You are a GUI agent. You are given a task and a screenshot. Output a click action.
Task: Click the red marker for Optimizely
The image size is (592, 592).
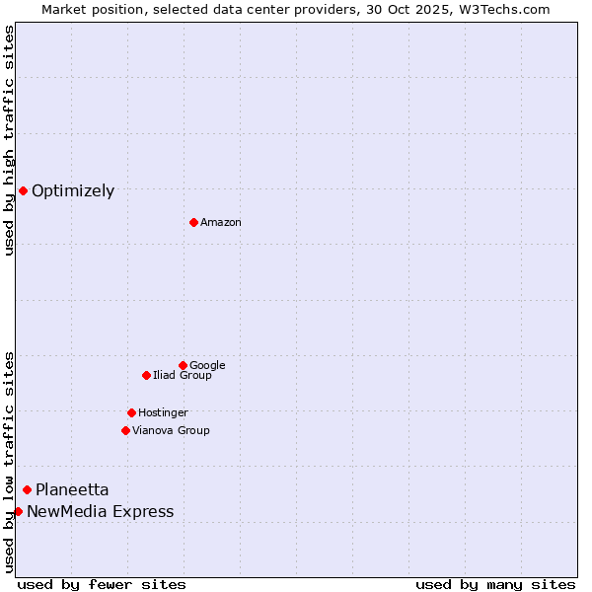[23, 190]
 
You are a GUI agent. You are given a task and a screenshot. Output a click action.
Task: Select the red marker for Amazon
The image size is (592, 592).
[193, 222]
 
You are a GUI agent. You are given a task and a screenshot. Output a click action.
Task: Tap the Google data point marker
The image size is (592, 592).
[183, 365]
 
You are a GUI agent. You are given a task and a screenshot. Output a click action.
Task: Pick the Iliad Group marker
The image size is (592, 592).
[146, 375]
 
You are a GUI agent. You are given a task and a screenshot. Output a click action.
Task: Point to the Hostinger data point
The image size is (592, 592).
[131, 412]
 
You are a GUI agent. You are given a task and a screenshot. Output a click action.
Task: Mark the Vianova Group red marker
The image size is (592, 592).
[125, 430]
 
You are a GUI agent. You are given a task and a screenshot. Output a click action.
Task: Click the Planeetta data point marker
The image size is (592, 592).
[27, 489]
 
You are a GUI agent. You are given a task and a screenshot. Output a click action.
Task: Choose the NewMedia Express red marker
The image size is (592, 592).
[18, 511]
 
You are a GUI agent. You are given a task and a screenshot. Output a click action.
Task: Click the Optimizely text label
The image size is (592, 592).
[73, 191]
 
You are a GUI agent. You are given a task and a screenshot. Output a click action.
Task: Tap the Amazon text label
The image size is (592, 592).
[221, 223]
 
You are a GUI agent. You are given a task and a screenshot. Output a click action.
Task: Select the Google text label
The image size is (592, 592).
[207, 366]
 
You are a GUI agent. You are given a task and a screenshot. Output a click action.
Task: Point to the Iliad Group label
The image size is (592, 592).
[183, 376]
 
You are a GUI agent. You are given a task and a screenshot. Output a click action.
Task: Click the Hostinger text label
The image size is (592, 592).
[163, 413]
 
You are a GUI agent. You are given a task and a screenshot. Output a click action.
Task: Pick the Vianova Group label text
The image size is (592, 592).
[171, 431]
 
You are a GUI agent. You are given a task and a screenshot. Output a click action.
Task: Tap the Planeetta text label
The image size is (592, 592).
[72, 490]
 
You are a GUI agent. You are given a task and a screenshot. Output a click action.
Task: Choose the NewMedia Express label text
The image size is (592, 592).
[100, 512]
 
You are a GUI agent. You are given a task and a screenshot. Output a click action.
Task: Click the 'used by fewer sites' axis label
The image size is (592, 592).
[102, 584]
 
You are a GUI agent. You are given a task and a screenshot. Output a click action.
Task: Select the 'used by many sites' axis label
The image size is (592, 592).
[495, 584]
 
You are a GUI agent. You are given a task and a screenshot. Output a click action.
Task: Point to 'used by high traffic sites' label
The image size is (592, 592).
[9, 141]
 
